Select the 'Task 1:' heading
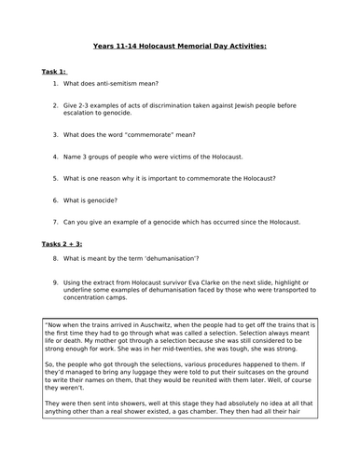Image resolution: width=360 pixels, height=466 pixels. click(x=58, y=71)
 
